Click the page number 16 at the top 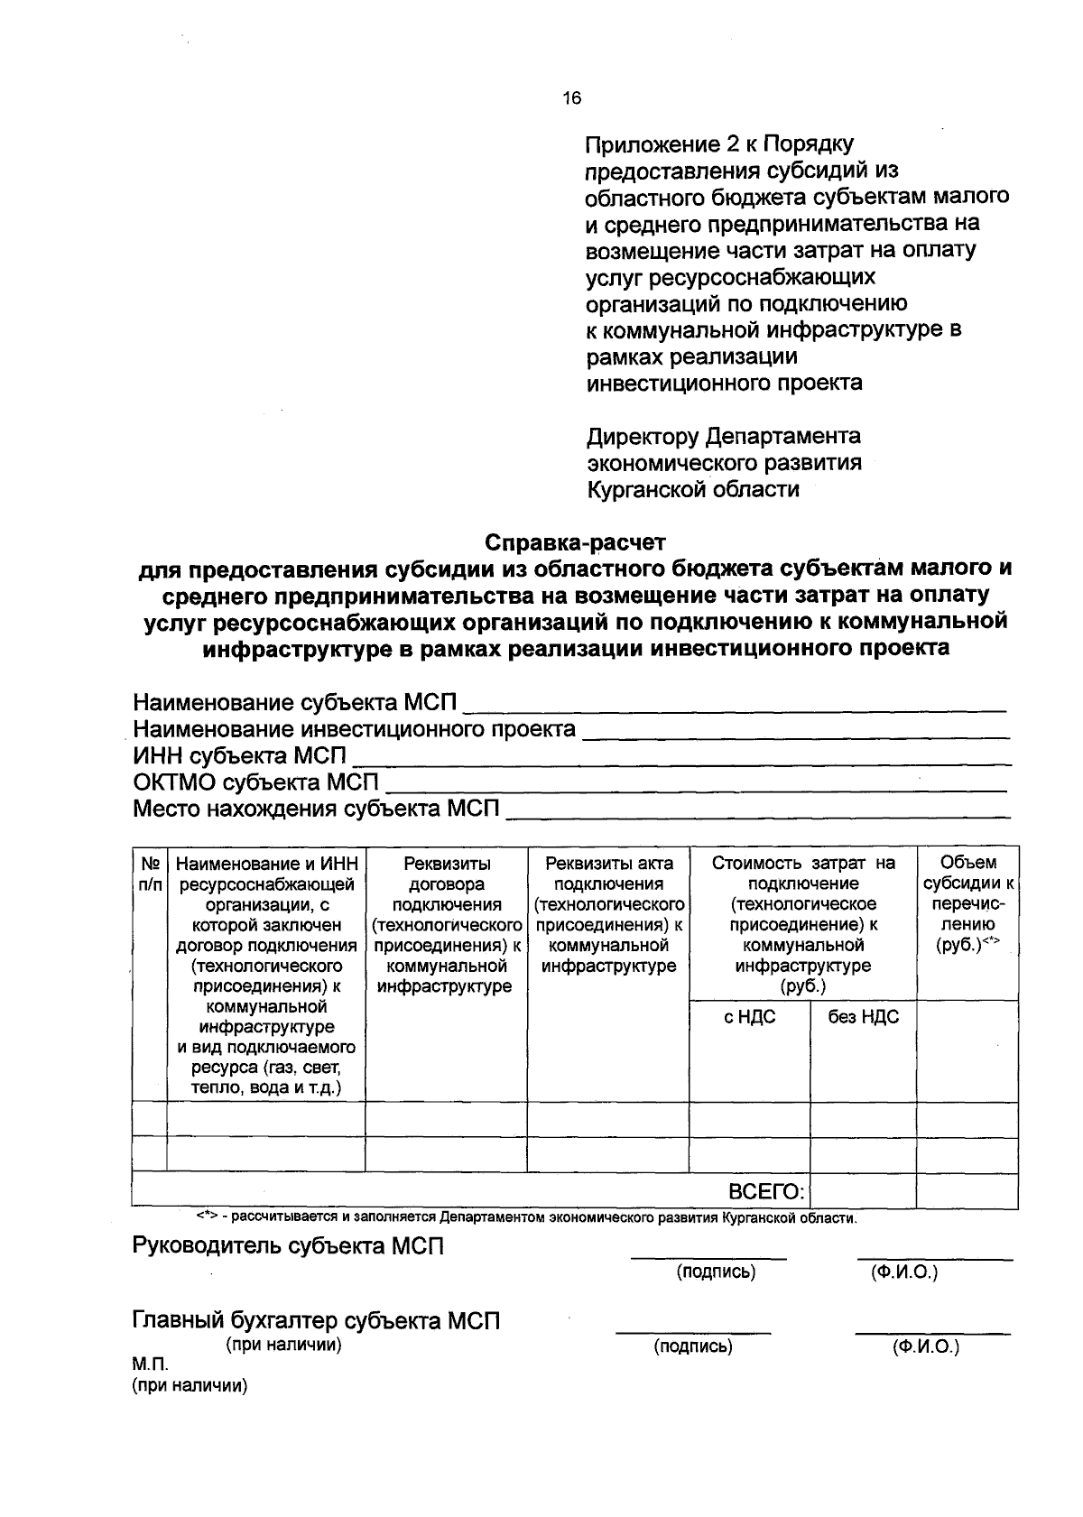pyautogui.click(x=572, y=99)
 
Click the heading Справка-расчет pyautogui.click(x=575, y=542)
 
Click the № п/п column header pyautogui.click(x=150, y=873)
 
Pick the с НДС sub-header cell pyautogui.click(x=749, y=1017)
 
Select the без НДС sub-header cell pyautogui.click(x=863, y=1017)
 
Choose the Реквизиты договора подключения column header pyautogui.click(x=446, y=924)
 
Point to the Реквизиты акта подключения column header pyautogui.click(x=608, y=914)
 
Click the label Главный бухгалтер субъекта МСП pyautogui.click(x=316, y=1321)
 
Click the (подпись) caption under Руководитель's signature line pyautogui.click(x=716, y=1272)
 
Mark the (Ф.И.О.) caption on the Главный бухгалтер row pyautogui.click(x=925, y=1347)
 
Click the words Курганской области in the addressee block pyautogui.click(x=692, y=490)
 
